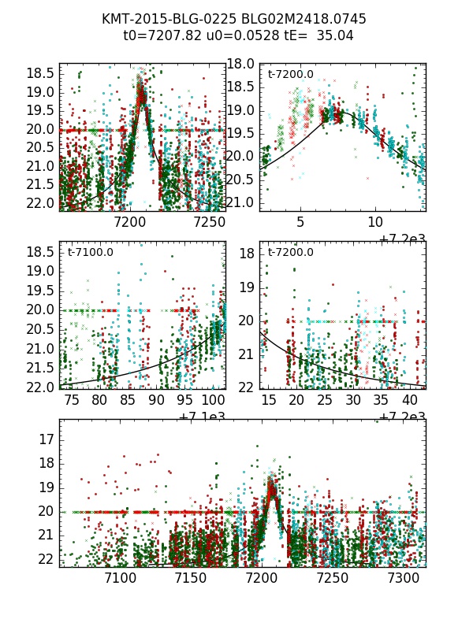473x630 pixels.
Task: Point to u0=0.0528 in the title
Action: (234, 35)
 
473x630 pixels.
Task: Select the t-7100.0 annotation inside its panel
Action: (91, 253)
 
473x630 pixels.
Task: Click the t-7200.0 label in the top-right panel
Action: (290, 75)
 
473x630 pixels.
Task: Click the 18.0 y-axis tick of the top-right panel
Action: (242, 64)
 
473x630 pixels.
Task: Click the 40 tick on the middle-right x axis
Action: (410, 401)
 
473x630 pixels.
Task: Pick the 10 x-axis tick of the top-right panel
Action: (375, 223)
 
